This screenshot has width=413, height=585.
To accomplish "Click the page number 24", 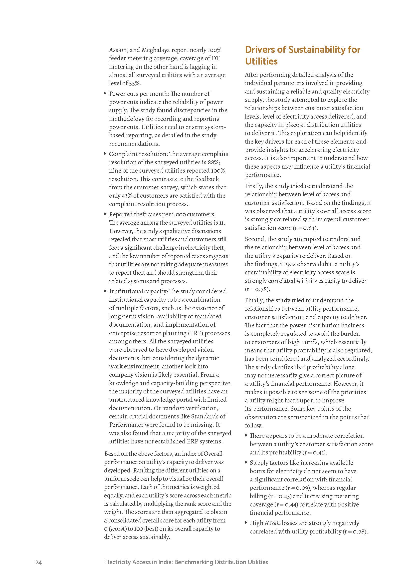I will coord(38,562).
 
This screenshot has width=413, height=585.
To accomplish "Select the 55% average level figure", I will coord(135,83).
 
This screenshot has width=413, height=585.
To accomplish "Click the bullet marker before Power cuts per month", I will coord(106,94).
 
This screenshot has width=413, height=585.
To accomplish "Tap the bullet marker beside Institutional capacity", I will coord(106,291).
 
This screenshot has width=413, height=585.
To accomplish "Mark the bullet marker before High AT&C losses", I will coord(246,522).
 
